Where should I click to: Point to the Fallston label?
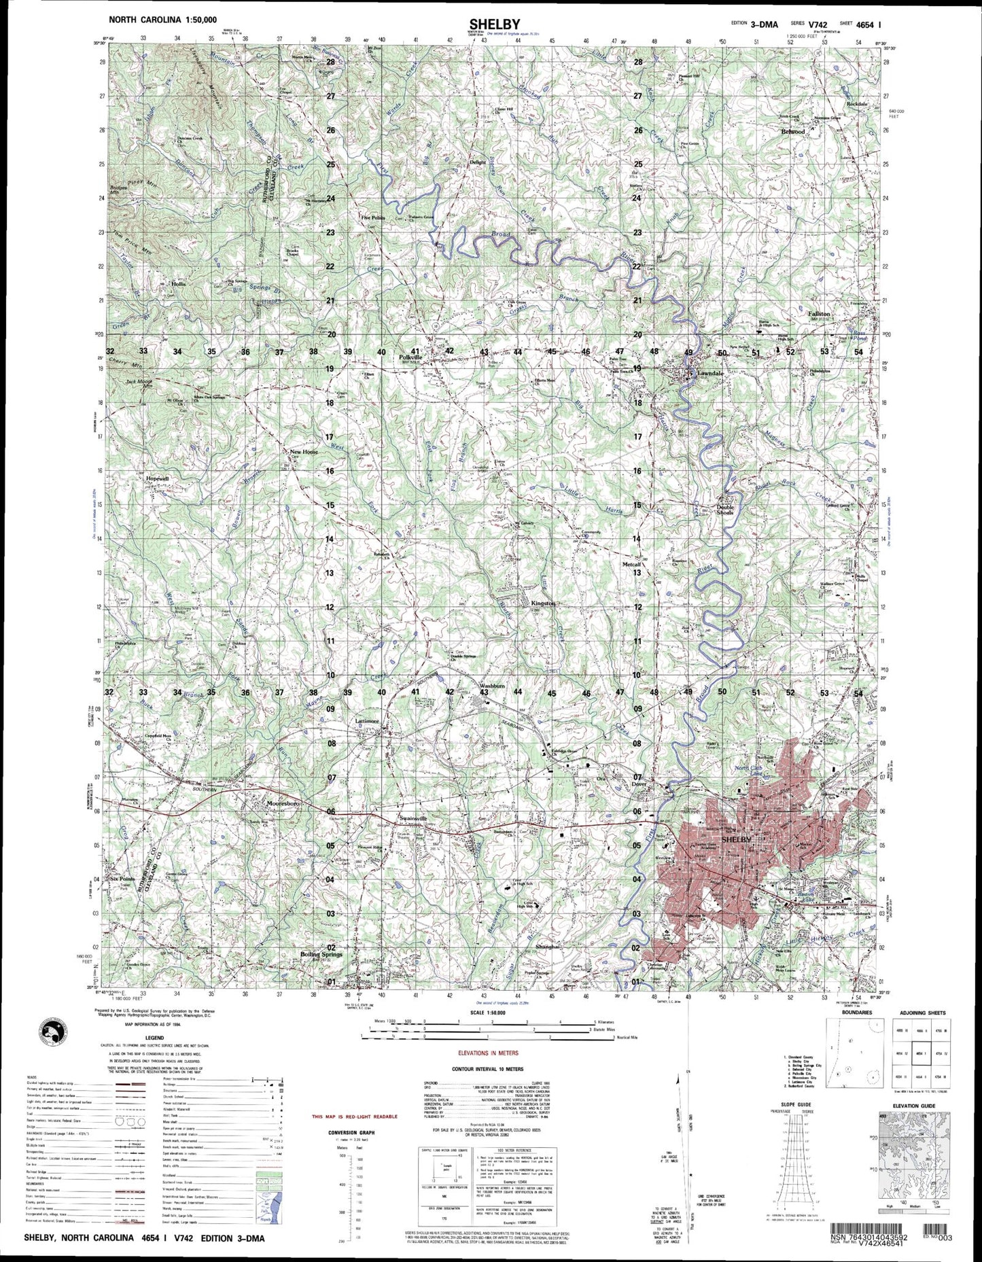coord(819,314)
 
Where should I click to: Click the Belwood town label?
coord(792,131)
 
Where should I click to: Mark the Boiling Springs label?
coord(321,954)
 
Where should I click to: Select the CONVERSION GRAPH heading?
coord(351,1133)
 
